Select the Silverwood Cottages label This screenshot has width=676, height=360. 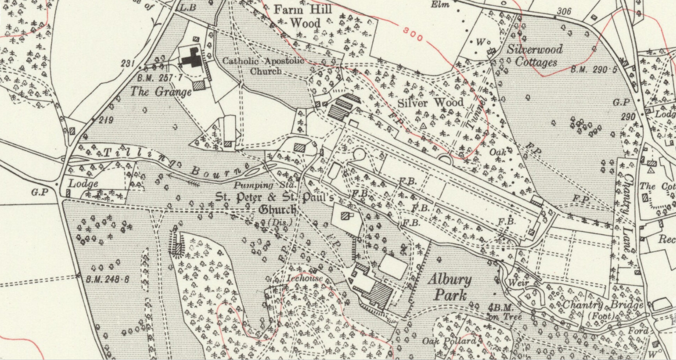coord(535,55)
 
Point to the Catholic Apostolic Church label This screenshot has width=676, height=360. coord(263,66)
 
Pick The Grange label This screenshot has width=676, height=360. coord(161,92)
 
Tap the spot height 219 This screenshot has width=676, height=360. coord(106,120)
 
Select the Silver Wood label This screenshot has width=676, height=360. coord(430,103)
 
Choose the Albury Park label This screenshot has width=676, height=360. coord(449,287)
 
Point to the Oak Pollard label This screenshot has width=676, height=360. coord(449,341)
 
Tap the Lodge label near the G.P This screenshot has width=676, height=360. coord(83,183)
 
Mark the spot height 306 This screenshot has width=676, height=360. coord(564,11)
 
